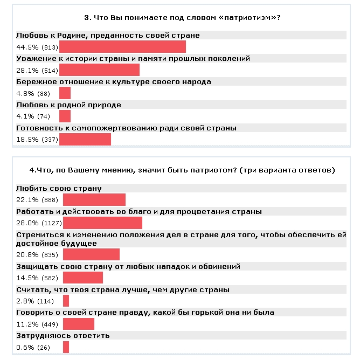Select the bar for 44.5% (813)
122,47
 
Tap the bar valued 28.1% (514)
99,70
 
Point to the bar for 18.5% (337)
85,139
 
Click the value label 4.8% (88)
33,93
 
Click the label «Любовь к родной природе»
69,105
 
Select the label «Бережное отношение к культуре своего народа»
113,81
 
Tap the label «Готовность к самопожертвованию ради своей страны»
127,128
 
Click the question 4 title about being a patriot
182,170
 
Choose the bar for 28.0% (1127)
102,223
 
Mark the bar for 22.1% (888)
94,200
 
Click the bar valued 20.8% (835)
91,254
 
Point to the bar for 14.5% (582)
83,278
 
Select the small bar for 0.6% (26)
66,347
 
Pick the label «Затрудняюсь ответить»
63,335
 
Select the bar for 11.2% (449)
79,324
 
